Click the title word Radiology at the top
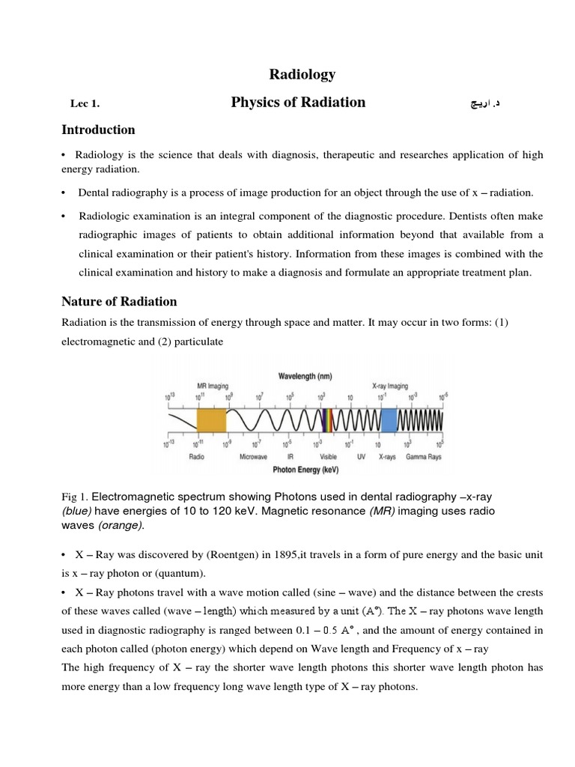pyautogui.click(x=302, y=74)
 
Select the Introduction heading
pyautogui.click(x=98, y=130)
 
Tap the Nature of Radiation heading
pyautogui.click(x=118, y=302)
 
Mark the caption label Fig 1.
pyautogui.click(x=74, y=497)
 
